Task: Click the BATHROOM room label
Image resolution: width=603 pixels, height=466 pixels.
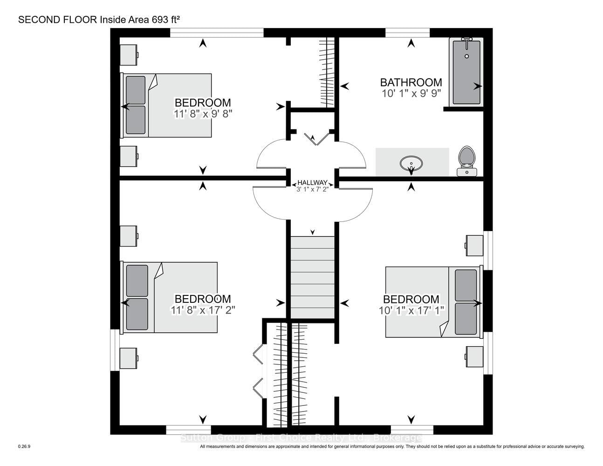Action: click(x=411, y=82)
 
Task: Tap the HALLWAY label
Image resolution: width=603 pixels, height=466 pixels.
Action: click(x=313, y=183)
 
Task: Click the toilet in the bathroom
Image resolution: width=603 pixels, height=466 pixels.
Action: click(x=467, y=161)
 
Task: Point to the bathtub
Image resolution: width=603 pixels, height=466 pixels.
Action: click(x=466, y=72)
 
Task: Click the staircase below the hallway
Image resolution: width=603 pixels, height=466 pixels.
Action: click(x=313, y=277)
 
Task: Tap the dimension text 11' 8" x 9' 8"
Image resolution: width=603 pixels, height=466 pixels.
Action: click(x=203, y=114)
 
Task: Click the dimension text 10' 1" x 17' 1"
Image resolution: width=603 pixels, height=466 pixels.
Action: click(x=411, y=310)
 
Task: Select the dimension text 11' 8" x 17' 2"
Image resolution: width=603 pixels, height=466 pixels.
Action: click(x=203, y=310)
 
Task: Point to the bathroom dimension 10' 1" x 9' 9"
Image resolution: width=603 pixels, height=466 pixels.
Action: click(x=411, y=94)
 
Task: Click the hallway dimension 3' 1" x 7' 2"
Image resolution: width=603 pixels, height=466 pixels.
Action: click(x=313, y=190)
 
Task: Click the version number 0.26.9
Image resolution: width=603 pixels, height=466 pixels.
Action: click(x=24, y=446)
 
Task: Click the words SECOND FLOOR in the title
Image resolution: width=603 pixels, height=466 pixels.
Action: click(x=57, y=20)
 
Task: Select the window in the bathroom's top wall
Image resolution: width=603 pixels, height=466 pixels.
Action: click(x=407, y=33)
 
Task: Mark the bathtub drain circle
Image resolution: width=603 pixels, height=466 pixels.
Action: click(x=467, y=56)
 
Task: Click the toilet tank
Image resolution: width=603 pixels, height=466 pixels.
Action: click(x=467, y=172)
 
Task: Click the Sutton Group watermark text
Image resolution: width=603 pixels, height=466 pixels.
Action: click(x=301, y=438)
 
